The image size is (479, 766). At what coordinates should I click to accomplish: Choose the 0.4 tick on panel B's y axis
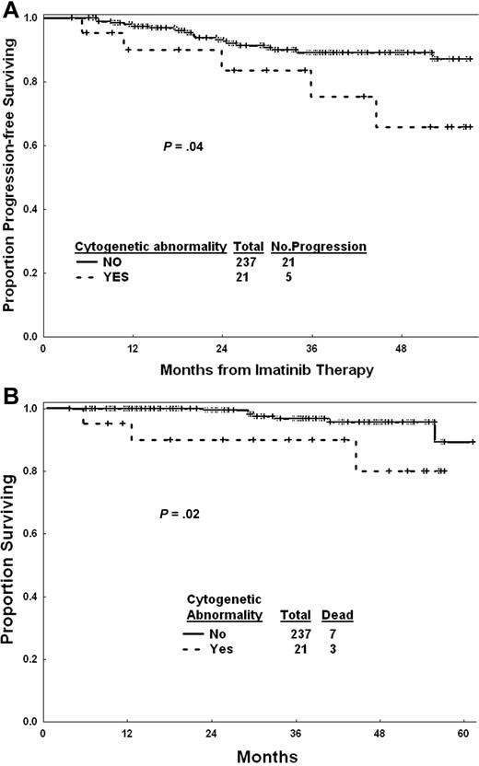point(29,597)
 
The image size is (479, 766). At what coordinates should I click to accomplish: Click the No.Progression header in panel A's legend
point(319,248)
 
